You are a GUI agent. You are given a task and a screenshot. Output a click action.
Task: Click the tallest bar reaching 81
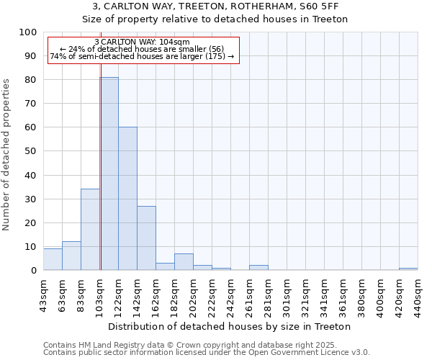pos(109,173)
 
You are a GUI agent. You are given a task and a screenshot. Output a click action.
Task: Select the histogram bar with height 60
pos(127,198)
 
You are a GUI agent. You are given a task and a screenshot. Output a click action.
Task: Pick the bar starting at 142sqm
pos(146,238)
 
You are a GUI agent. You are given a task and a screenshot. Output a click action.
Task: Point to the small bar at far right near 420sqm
pos(408,269)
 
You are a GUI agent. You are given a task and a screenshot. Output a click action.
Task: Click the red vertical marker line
pos(101,144)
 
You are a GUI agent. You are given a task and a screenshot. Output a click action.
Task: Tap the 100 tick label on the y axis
pos(28,32)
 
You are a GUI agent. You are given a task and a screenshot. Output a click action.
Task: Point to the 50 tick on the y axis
pos(31,151)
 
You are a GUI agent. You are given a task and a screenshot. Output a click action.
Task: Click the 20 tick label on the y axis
pos(31,222)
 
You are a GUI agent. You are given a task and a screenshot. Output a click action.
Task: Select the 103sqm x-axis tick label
pos(99,293)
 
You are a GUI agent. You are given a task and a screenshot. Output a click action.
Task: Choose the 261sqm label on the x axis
pos(249,293)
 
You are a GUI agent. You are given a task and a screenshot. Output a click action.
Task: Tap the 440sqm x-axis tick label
pos(418,293)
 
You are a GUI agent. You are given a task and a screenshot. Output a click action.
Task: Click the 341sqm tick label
pos(324,293)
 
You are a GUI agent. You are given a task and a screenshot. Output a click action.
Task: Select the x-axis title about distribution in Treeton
pos(230,326)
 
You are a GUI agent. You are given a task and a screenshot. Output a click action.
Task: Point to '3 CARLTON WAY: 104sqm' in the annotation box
pos(142,42)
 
